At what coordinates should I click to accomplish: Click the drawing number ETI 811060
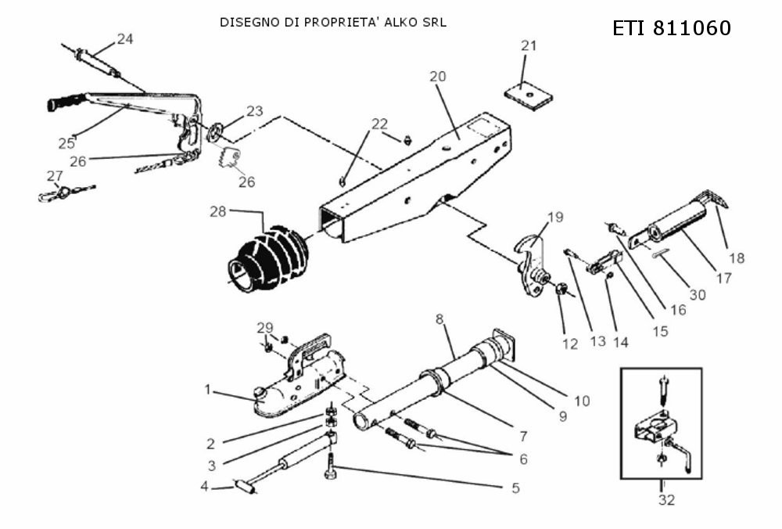click(671, 28)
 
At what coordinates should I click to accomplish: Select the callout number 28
click(218, 211)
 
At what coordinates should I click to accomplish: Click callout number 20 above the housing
click(437, 77)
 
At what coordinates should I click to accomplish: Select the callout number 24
click(125, 38)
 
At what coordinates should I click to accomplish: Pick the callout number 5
click(515, 488)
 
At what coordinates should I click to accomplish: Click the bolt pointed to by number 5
click(330, 466)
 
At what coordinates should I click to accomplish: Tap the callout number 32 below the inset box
click(666, 499)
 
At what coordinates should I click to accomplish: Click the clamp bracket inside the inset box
click(653, 426)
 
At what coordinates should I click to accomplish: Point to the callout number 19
click(555, 217)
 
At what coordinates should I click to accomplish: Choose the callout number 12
click(569, 344)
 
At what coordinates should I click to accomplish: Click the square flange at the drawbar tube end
click(504, 344)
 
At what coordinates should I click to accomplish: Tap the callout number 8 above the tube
click(439, 319)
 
